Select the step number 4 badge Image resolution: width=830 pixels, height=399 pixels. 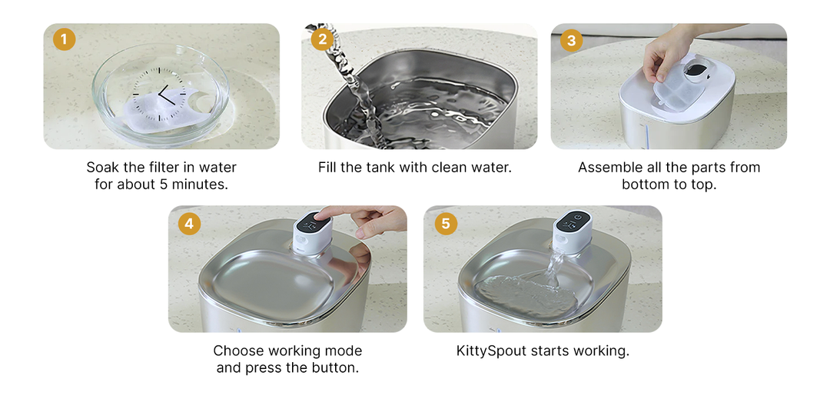coord(189,224)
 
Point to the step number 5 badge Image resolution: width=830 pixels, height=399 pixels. coord(445,224)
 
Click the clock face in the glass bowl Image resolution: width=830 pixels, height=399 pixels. coord(162,95)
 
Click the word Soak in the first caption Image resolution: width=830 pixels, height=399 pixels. coord(103,167)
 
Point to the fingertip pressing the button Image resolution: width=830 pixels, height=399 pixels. coord(325,213)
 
